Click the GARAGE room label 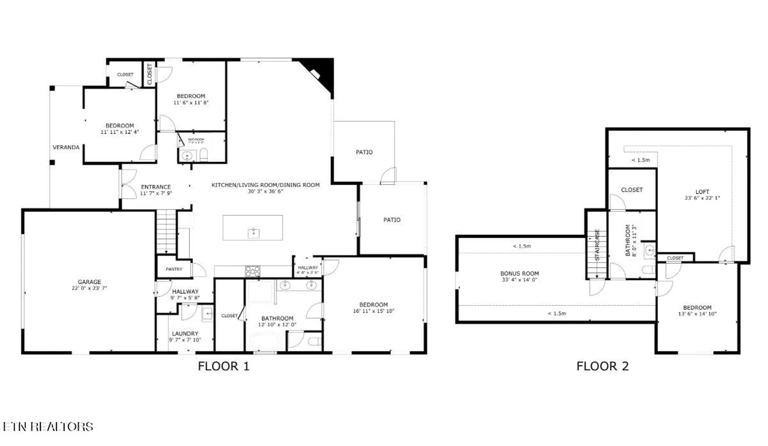[89, 282]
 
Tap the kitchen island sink [253, 233]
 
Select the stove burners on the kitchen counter [253, 271]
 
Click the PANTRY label [174, 269]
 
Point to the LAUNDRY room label [185, 333]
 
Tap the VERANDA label [66, 147]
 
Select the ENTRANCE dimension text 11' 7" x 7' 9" [156, 193]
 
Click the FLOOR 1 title [223, 366]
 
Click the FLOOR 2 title [602, 366]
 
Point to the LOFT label [702, 191]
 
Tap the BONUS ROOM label [519, 273]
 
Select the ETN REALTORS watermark [48, 426]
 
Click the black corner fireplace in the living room [321, 73]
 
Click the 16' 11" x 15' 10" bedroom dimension [373, 311]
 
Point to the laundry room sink [207, 313]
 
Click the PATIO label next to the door [364, 152]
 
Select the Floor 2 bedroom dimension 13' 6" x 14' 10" [697, 314]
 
